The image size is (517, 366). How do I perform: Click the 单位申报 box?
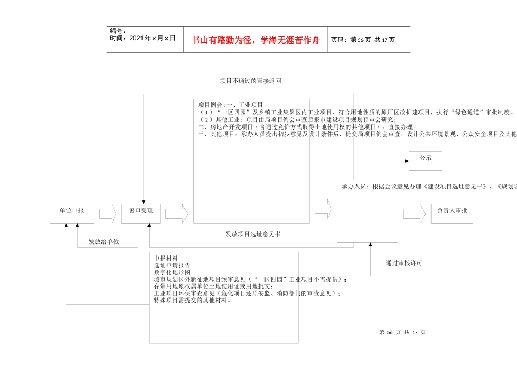point(71,213)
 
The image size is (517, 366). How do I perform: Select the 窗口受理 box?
point(140,213)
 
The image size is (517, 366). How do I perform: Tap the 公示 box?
point(426,161)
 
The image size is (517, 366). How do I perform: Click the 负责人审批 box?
point(452,213)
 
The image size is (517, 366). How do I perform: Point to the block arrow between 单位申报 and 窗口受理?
point(107,213)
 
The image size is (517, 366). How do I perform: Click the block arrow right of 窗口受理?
point(177,213)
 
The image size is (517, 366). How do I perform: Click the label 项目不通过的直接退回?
point(250,81)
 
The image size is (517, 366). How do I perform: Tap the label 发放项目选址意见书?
point(253,234)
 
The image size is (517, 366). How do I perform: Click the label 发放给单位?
point(104,241)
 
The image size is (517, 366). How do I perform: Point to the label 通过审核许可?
point(404,263)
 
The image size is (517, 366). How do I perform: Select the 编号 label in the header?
point(118,31)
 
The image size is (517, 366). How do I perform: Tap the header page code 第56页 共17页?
point(363,40)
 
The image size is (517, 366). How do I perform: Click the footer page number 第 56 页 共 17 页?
point(402,332)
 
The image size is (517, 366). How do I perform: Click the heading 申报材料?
point(165,258)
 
